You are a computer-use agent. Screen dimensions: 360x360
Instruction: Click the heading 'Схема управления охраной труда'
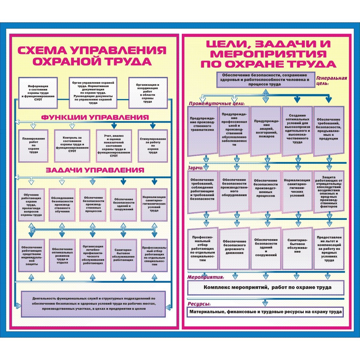pos(92,56)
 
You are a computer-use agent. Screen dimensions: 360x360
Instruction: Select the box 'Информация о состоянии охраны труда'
pos(38,93)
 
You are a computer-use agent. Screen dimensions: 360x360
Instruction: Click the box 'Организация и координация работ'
pos(148,93)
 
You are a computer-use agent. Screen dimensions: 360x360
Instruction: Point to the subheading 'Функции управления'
pos(95,117)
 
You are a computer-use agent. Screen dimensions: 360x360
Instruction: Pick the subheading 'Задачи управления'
pos(95,170)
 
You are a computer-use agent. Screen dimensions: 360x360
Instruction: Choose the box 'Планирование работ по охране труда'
pos(33,146)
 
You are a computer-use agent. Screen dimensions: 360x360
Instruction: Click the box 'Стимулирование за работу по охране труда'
pos(153,146)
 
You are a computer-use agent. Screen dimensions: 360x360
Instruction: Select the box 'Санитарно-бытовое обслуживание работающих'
pos(124,256)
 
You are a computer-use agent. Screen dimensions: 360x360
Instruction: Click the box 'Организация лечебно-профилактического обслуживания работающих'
pos(93,256)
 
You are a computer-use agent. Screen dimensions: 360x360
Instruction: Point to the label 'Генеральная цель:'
pos(331,80)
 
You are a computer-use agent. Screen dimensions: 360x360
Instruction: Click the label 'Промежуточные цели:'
pos(217,103)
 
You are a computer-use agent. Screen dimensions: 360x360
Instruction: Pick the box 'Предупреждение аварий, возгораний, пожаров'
pos(266,131)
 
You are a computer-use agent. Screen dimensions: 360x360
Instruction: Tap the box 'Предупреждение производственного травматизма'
pos(203,131)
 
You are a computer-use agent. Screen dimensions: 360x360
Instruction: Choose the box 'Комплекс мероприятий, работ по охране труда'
pos(265,287)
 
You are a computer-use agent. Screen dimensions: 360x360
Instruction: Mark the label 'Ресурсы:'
pos(199,304)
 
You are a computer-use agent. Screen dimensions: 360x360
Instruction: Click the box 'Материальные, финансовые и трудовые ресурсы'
pos(265,312)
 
